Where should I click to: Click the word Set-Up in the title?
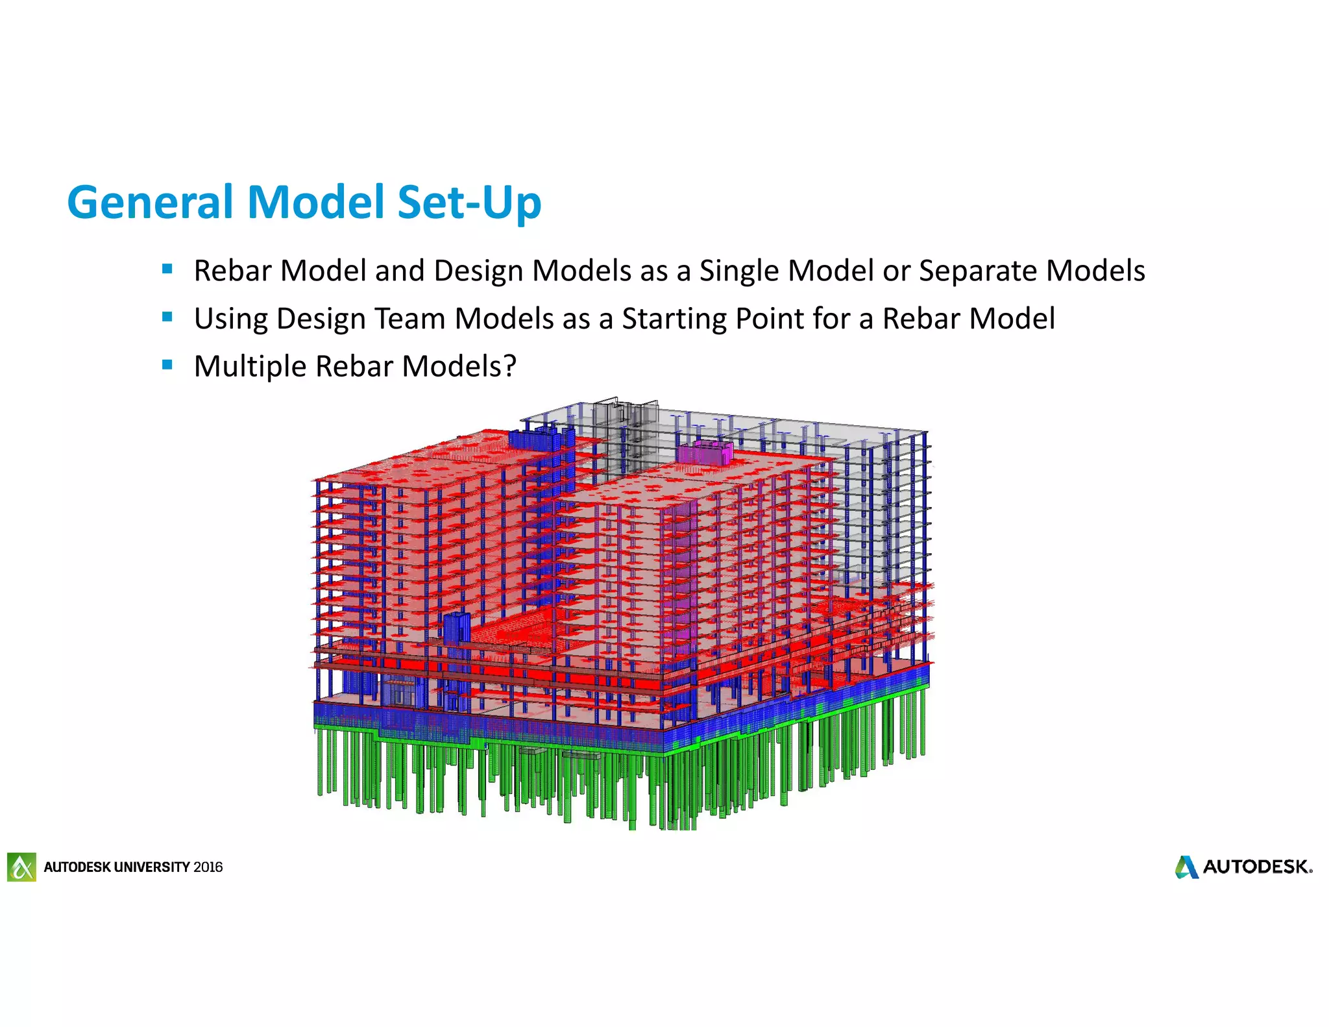[469, 203]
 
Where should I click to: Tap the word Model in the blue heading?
[317, 203]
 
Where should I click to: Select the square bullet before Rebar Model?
[167, 269]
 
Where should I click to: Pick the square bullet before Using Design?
[167, 317]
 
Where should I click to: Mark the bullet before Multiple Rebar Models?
[167, 365]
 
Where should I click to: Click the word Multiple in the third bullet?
[250, 367]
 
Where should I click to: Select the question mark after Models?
[510, 366]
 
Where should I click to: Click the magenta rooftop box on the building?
[705, 452]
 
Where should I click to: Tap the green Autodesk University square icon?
[22, 867]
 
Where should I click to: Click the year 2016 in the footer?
[208, 867]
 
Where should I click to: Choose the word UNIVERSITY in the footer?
[152, 867]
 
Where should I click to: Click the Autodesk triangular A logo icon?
[1186, 867]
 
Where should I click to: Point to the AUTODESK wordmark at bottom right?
[1257, 867]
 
